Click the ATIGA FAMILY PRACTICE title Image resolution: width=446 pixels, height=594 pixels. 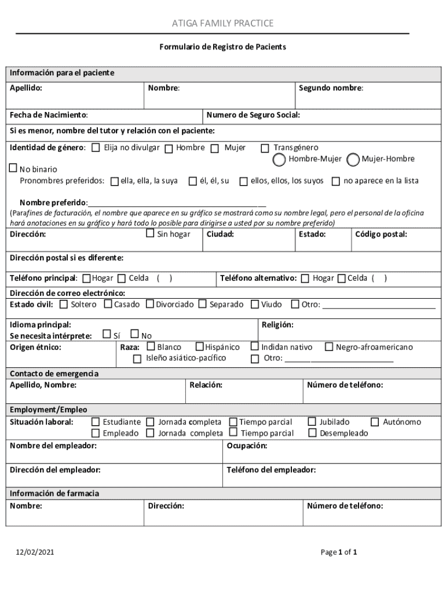[x=222, y=23]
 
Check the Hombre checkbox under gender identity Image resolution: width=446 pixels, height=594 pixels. [x=169, y=148]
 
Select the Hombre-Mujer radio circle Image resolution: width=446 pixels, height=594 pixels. [x=280, y=159]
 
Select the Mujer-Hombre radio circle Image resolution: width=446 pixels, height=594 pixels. [x=353, y=159]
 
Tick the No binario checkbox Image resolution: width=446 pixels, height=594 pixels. [x=13, y=169]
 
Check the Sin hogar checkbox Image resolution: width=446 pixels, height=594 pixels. [x=150, y=234]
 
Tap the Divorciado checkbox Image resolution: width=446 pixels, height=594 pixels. [x=150, y=304]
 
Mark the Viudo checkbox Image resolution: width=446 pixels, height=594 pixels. [x=255, y=304]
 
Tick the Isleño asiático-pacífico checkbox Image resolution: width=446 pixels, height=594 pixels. [x=137, y=358]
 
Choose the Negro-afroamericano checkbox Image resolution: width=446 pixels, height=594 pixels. [x=329, y=347]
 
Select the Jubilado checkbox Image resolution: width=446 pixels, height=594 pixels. [x=313, y=422]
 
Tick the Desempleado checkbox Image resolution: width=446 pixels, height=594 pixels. [x=313, y=433]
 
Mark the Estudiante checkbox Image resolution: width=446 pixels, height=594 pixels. [x=96, y=422]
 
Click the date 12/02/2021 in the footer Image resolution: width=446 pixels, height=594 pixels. [x=36, y=552]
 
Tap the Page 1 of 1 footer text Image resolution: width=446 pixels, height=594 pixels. [x=339, y=552]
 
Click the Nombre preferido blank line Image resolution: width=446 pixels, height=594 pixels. [x=177, y=203]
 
